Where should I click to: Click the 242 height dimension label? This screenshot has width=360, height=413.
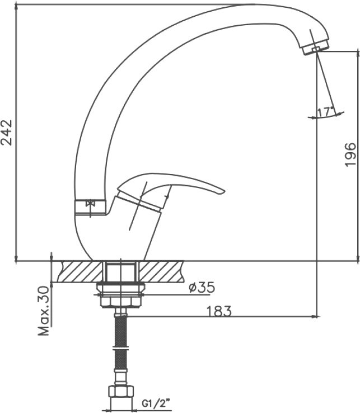(7, 133)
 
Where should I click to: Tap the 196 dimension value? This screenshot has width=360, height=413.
(350, 154)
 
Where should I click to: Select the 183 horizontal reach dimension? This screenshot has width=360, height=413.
(218, 311)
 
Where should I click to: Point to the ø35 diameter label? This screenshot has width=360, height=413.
(202, 287)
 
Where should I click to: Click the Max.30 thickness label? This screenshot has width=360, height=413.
(44, 311)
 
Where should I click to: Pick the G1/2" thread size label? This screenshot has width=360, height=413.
(156, 403)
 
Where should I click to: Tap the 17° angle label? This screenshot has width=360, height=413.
(326, 112)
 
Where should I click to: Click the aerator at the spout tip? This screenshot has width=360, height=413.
(316, 48)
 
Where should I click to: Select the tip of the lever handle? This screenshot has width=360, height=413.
(224, 192)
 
